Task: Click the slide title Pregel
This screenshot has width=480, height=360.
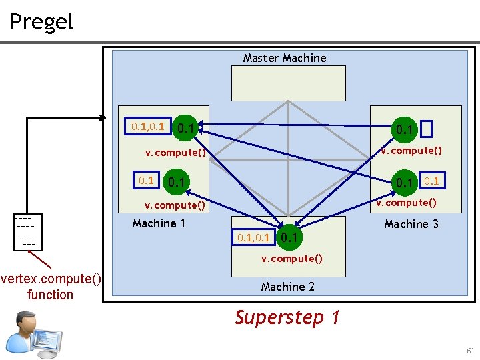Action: pos(41,22)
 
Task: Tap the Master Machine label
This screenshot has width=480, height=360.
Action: pos(285,58)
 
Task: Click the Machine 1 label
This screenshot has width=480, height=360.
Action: pos(159,223)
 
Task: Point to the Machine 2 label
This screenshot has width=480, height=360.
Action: pos(287,287)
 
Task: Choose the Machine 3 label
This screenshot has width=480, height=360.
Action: pos(411,224)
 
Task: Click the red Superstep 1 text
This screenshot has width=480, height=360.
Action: pos(287,317)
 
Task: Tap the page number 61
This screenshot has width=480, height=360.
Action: pos(471,351)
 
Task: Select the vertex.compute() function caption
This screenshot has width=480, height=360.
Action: pos(51,287)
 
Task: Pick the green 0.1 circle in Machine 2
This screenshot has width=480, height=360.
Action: pos(289,237)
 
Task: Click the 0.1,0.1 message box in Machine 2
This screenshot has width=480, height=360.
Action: pos(253,237)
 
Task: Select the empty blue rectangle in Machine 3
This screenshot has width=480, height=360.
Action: pos(427,128)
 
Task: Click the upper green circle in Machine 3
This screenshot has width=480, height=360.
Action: pos(404,128)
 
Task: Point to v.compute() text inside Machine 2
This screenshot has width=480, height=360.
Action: pos(291,259)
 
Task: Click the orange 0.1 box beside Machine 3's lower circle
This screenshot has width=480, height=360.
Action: pos(432,181)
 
